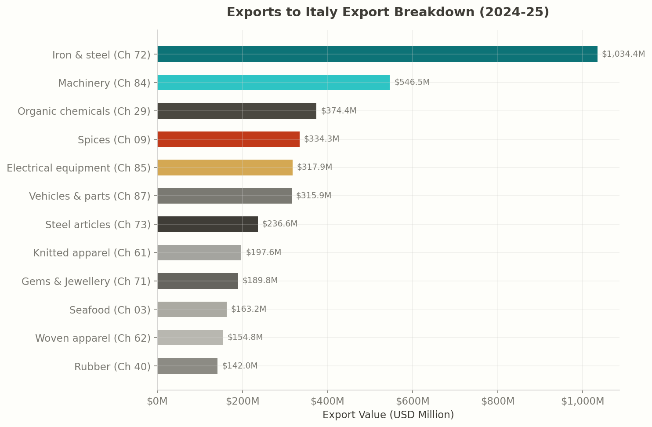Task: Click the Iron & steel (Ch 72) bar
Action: [377, 54]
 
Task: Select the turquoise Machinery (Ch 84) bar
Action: [273, 83]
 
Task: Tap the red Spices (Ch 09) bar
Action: [228, 139]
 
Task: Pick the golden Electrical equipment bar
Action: [225, 168]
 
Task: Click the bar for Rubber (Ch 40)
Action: [187, 366]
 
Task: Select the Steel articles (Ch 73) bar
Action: [207, 224]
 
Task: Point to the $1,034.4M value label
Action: [623, 54]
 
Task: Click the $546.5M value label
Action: [412, 82]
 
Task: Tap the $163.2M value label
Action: [248, 309]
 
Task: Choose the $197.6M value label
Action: [263, 252]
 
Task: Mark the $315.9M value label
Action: [313, 196]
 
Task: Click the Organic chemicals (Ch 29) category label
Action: [84, 111]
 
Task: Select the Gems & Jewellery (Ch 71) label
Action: [86, 281]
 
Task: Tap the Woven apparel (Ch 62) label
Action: [93, 338]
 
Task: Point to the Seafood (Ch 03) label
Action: [110, 310]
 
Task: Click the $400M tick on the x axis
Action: [327, 401]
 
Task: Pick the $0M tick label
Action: [157, 401]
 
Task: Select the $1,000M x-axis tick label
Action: [582, 401]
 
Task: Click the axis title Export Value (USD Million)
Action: [388, 415]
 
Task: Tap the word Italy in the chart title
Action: [322, 12]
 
